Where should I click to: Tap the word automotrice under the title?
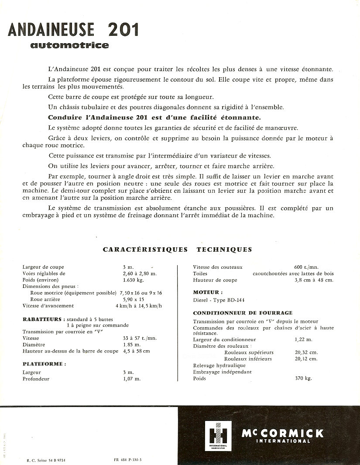tap(69, 45)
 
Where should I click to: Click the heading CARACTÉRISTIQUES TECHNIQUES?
tap(177, 250)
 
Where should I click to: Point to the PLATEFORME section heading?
tap(44, 364)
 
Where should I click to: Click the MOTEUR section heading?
tap(208, 292)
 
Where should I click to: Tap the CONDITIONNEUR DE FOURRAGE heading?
tap(243, 313)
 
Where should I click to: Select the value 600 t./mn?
tap(306, 267)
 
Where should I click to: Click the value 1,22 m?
tap(303, 339)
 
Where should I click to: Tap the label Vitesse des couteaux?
tap(217, 267)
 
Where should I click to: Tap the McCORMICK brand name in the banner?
tap(283, 433)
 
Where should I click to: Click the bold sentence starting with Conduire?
tap(154, 117)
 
